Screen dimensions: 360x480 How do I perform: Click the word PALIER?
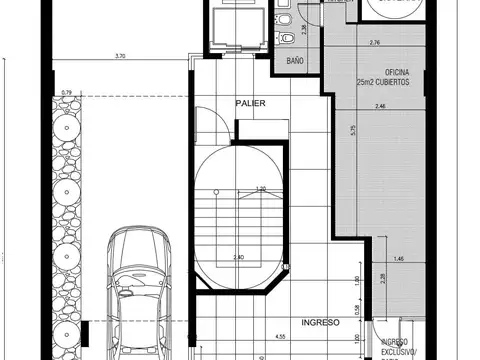click(x=250, y=103)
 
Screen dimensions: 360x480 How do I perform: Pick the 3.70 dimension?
click(x=121, y=56)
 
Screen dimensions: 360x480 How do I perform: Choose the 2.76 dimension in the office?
click(x=375, y=44)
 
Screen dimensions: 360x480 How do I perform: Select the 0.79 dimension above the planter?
click(x=67, y=94)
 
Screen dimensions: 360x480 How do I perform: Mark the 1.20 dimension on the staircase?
click(x=261, y=189)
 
